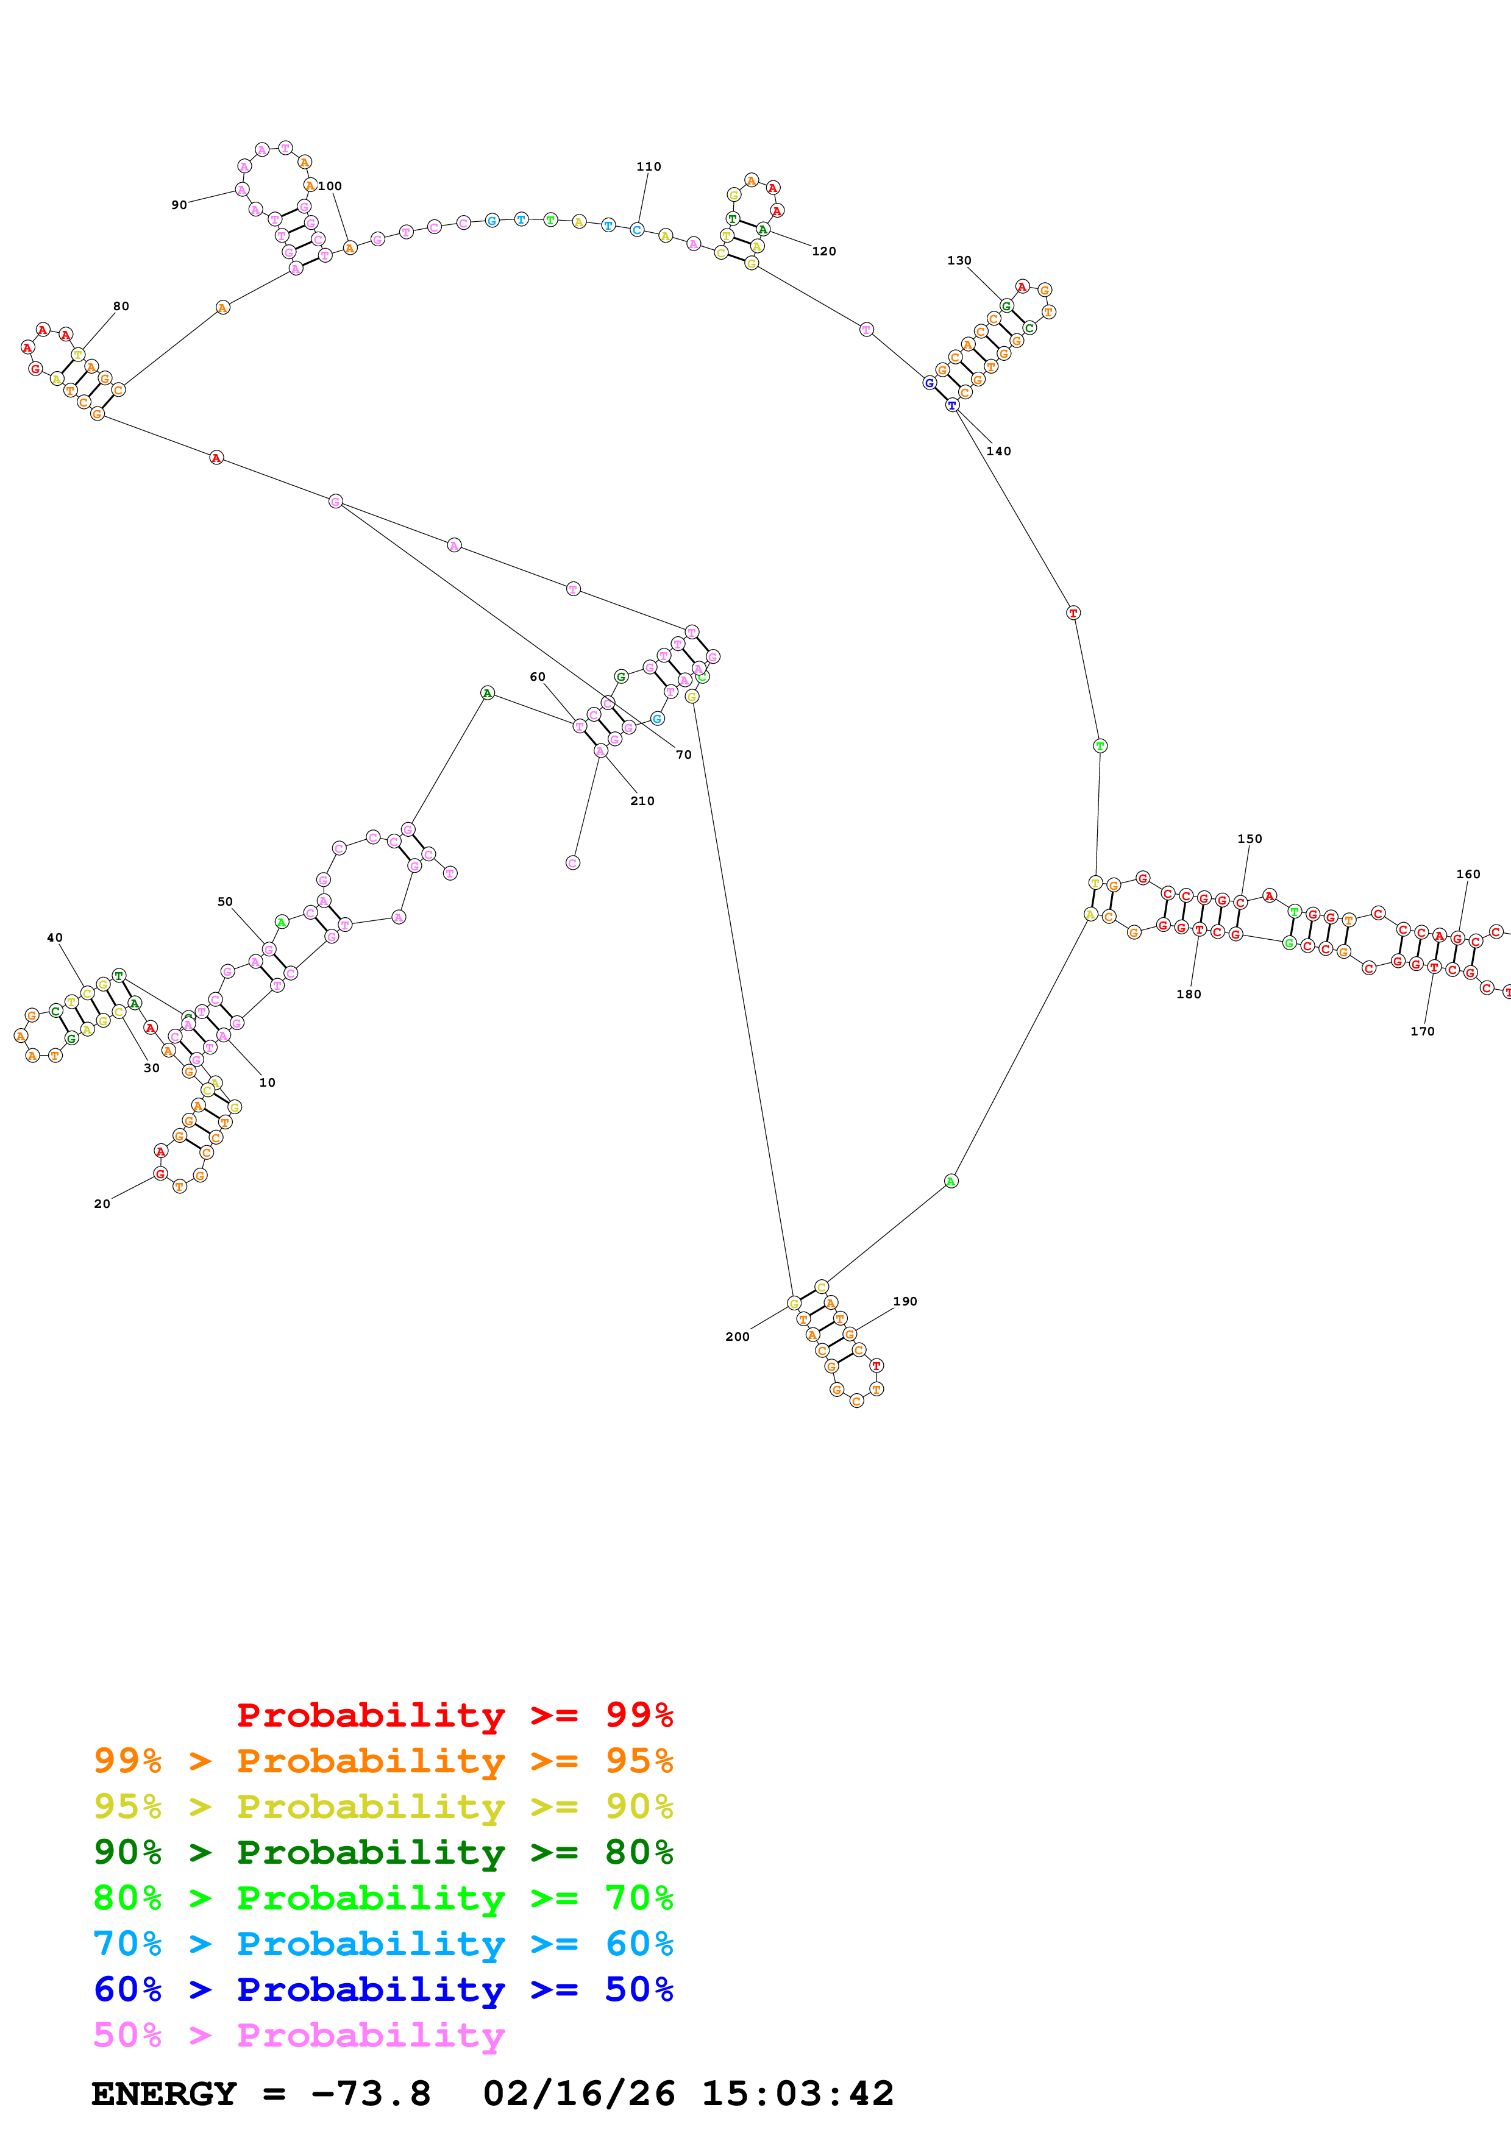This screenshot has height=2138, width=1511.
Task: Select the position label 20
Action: [x=101, y=1204]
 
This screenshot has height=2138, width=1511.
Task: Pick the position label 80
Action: [x=121, y=307]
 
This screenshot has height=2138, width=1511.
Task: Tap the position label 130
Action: [x=959, y=261]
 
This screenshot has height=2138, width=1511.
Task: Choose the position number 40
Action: [x=55, y=938]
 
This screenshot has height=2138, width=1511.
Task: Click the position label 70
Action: [x=683, y=755]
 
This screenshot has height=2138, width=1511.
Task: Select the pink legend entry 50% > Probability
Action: [x=299, y=2036]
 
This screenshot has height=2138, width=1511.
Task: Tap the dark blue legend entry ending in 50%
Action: [x=383, y=1990]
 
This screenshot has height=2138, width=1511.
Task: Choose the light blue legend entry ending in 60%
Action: [x=383, y=1944]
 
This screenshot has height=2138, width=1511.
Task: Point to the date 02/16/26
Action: [x=578, y=2094]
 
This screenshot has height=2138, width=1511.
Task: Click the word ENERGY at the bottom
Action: [x=164, y=2094]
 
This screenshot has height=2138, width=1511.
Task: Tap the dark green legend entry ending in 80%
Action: [x=383, y=1852]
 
